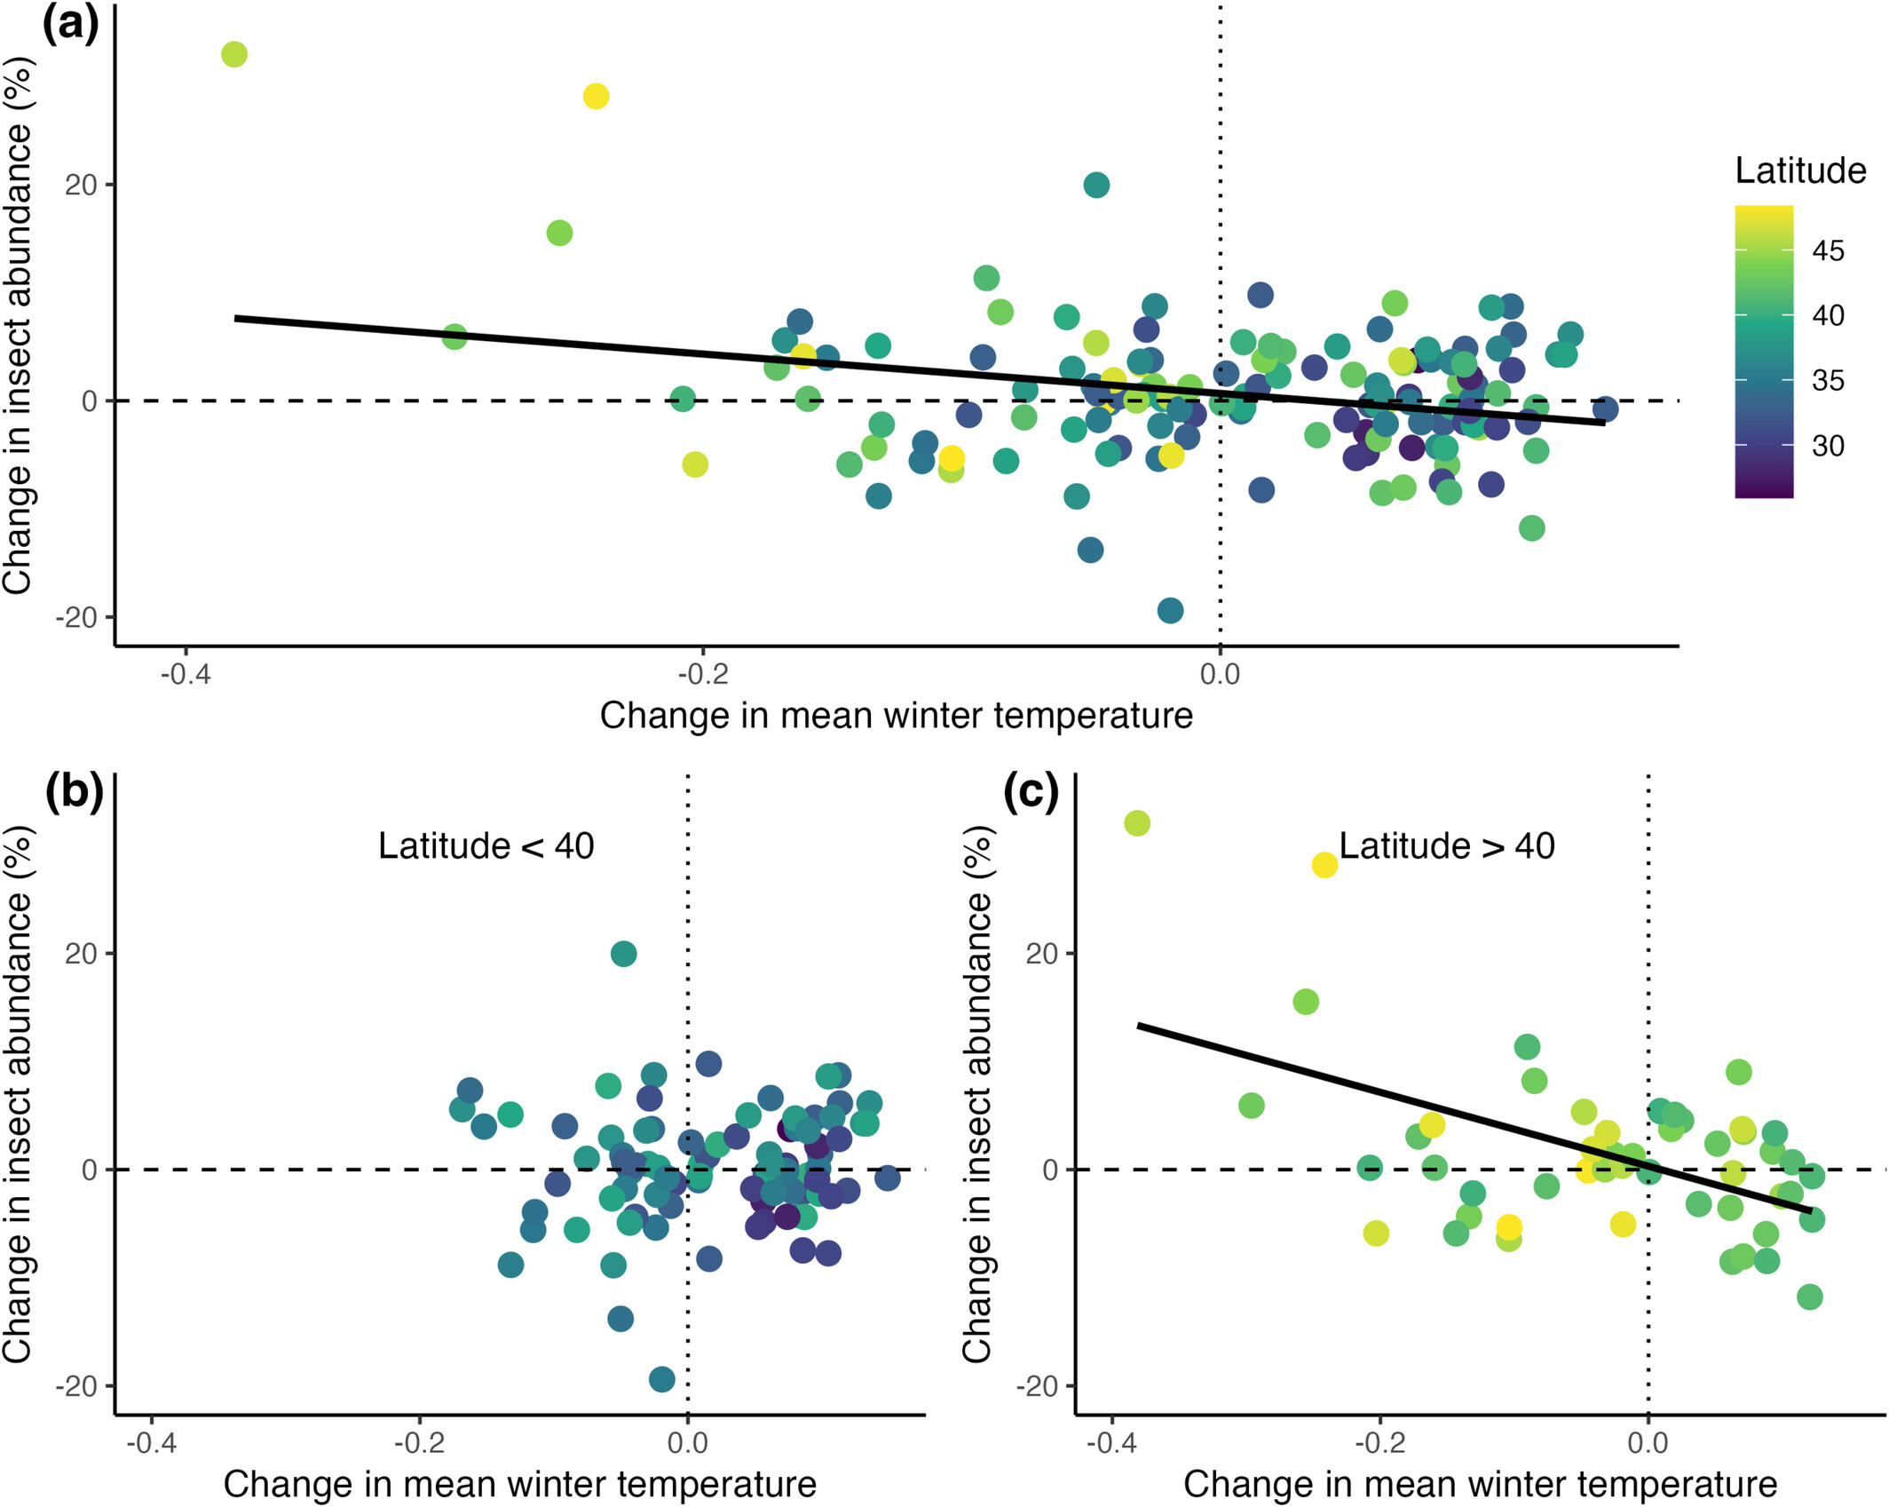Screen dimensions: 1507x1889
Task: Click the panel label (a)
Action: (71, 25)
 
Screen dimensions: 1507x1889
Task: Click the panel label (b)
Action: (75, 791)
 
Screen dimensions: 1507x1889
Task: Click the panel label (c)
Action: (1031, 791)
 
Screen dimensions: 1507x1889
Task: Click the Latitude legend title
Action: (1799, 171)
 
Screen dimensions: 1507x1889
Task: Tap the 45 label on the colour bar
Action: (1828, 251)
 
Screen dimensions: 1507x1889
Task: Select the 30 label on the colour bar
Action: (1828, 446)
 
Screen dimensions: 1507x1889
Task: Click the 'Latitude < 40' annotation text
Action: (486, 846)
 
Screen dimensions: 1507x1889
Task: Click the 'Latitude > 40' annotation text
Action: (1446, 846)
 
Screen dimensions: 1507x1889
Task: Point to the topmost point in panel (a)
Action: (233, 54)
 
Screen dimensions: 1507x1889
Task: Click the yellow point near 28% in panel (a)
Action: (596, 96)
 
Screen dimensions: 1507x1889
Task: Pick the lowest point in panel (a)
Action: (1170, 610)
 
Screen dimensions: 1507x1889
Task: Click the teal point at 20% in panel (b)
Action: (623, 954)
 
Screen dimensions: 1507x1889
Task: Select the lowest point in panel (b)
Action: (661, 1379)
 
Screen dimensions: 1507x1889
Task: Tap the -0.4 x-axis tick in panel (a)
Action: (185, 674)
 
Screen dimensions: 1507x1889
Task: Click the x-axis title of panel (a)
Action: (896, 716)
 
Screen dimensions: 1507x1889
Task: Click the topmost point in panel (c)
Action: (1137, 823)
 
